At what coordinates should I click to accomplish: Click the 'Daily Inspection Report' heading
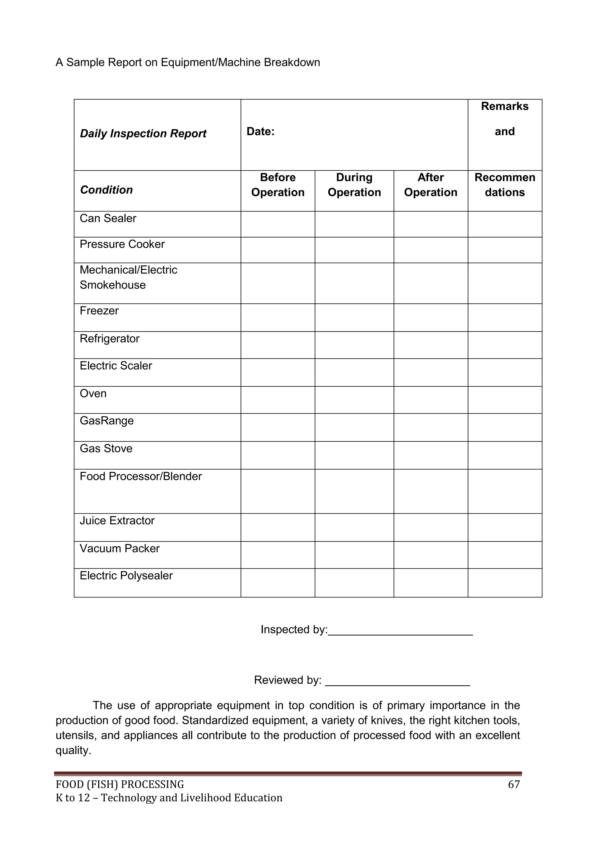(x=143, y=134)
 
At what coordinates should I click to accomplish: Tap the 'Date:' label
(x=260, y=131)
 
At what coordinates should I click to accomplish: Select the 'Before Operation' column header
(x=278, y=185)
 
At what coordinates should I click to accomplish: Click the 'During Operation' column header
(x=354, y=185)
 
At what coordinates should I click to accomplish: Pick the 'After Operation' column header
(x=430, y=185)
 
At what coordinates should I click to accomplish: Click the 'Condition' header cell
(x=107, y=190)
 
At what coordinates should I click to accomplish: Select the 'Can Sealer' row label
(x=108, y=218)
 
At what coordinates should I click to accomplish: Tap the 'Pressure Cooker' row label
(x=122, y=244)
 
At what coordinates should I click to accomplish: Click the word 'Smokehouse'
(x=113, y=285)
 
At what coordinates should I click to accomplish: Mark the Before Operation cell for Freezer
(x=278, y=317)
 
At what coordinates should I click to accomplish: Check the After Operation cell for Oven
(x=431, y=400)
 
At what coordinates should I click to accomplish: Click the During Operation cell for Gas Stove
(x=354, y=456)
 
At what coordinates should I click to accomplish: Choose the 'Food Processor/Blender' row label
(x=140, y=476)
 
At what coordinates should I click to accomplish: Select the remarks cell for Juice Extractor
(x=505, y=527)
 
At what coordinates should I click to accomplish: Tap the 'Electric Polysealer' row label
(x=126, y=576)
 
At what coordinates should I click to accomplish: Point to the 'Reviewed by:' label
(x=288, y=680)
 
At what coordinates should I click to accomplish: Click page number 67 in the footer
(x=514, y=785)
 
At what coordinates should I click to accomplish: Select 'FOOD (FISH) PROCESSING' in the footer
(x=120, y=785)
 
